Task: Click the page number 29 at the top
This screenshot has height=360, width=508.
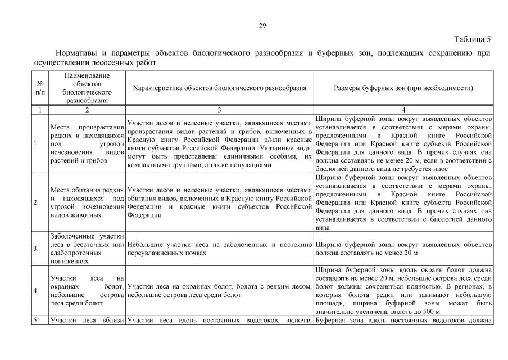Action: pos(262,25)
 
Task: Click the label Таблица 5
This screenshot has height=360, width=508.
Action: pos(472,39)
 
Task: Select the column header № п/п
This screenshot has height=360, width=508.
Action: pos(40,88)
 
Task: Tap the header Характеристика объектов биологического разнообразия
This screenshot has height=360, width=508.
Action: pos(220,88)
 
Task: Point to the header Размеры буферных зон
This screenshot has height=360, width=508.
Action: pos(403,88)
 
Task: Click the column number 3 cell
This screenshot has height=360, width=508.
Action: pos(220,110)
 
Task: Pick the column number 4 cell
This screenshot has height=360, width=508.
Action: pos(403,110)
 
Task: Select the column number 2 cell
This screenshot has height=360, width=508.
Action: pos(87,110)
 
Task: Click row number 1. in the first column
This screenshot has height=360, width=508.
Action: pos(37,144)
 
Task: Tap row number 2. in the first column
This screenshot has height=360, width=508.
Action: pos(37,202)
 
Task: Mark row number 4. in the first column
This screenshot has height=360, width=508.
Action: pos(37,291)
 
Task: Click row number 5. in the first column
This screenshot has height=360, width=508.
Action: pos(36,321)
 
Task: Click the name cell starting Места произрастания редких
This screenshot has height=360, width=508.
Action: pos(87,144)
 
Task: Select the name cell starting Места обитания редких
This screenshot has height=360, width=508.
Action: pos(87,202)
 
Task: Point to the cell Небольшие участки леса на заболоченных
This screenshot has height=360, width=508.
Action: pos(220,249)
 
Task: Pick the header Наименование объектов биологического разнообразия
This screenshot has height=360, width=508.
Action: pos(87,88)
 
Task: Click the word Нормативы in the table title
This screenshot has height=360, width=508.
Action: pos(77,53)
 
